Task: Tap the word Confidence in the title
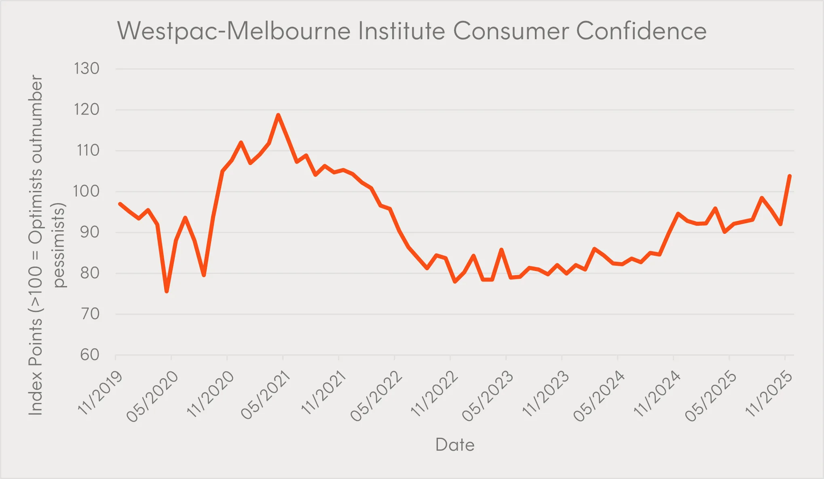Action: (x=641, y=31)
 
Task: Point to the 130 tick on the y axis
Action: (x=87, y=69)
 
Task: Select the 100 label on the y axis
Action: (x=87, y=191)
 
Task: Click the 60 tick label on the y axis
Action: (x=90, y=355)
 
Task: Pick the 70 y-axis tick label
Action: (x=90, y=314)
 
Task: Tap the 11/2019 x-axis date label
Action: (x=100, y=393)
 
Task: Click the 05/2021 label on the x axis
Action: (x=266, y=396)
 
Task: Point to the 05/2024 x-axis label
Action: (x=600, y=396)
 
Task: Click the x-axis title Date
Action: (x=455, y=445)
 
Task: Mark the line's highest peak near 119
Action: (x=278, y=115)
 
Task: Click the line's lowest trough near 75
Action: (x=167, y=291)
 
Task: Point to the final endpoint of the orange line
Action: (x=790, y=176)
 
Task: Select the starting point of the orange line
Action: (x=120, y=203)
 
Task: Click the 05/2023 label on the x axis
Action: (x=488, y=396)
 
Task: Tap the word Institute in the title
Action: (x=402, y=31)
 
